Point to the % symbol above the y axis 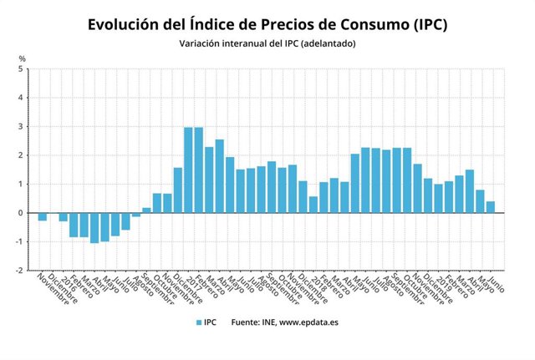coord(23,58)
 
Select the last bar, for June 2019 coord(490,207)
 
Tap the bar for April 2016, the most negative coord(94,227)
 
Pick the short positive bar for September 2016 coord(146,210)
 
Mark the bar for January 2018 coord(313,205)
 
